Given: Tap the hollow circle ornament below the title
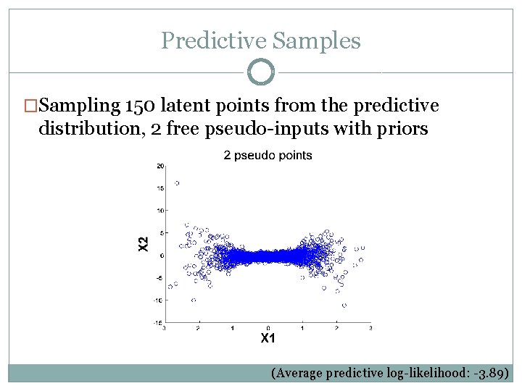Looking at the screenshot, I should [x=261, y=72].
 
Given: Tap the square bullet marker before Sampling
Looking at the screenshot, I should [x=30, y=106].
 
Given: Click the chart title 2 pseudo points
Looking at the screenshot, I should [x=268, y=156].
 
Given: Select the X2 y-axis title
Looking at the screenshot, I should [x=144, y=245].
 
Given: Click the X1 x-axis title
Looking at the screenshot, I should [x=268, y=339].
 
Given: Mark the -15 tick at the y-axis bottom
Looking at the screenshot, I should [x=157, y=323].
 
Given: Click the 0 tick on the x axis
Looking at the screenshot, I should [x=268, y=329].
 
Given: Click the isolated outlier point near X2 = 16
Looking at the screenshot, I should [x=176, y=183].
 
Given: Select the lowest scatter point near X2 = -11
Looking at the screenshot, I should [x=344, y=305].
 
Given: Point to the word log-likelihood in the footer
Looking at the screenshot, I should [x=425, y=374].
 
